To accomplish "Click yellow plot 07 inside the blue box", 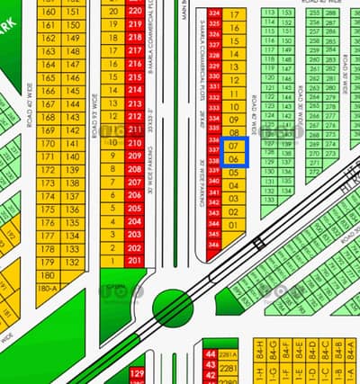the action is [233, 145].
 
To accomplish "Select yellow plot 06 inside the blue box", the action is [233, 159].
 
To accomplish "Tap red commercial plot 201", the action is [135, 260].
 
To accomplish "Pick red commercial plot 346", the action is [213, 245].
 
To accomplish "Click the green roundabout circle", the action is [173, 308].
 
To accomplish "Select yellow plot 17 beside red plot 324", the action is [233, 14].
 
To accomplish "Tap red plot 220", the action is [135, 12].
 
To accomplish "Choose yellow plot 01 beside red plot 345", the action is [233, 224].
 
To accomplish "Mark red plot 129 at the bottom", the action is [137, 372].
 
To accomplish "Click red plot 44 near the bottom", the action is [211, 354].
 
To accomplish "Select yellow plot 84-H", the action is [259, 345].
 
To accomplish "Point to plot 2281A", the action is [228, 354].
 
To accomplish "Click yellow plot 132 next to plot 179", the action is [73, 262].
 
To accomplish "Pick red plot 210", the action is [135, 142].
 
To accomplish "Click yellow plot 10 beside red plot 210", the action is [112, 142].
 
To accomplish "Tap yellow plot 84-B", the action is [338, 345].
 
